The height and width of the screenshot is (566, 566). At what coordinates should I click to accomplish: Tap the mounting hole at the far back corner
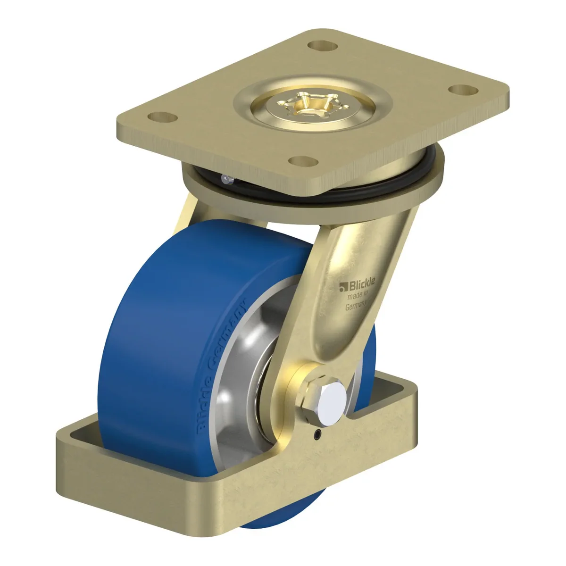tap(323, 46)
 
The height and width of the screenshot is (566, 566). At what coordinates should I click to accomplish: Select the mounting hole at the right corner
tap(463, 90)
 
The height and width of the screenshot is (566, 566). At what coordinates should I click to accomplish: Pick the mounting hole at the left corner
tap(162, 117)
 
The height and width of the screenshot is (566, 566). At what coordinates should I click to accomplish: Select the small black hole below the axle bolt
tap(317, 433)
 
